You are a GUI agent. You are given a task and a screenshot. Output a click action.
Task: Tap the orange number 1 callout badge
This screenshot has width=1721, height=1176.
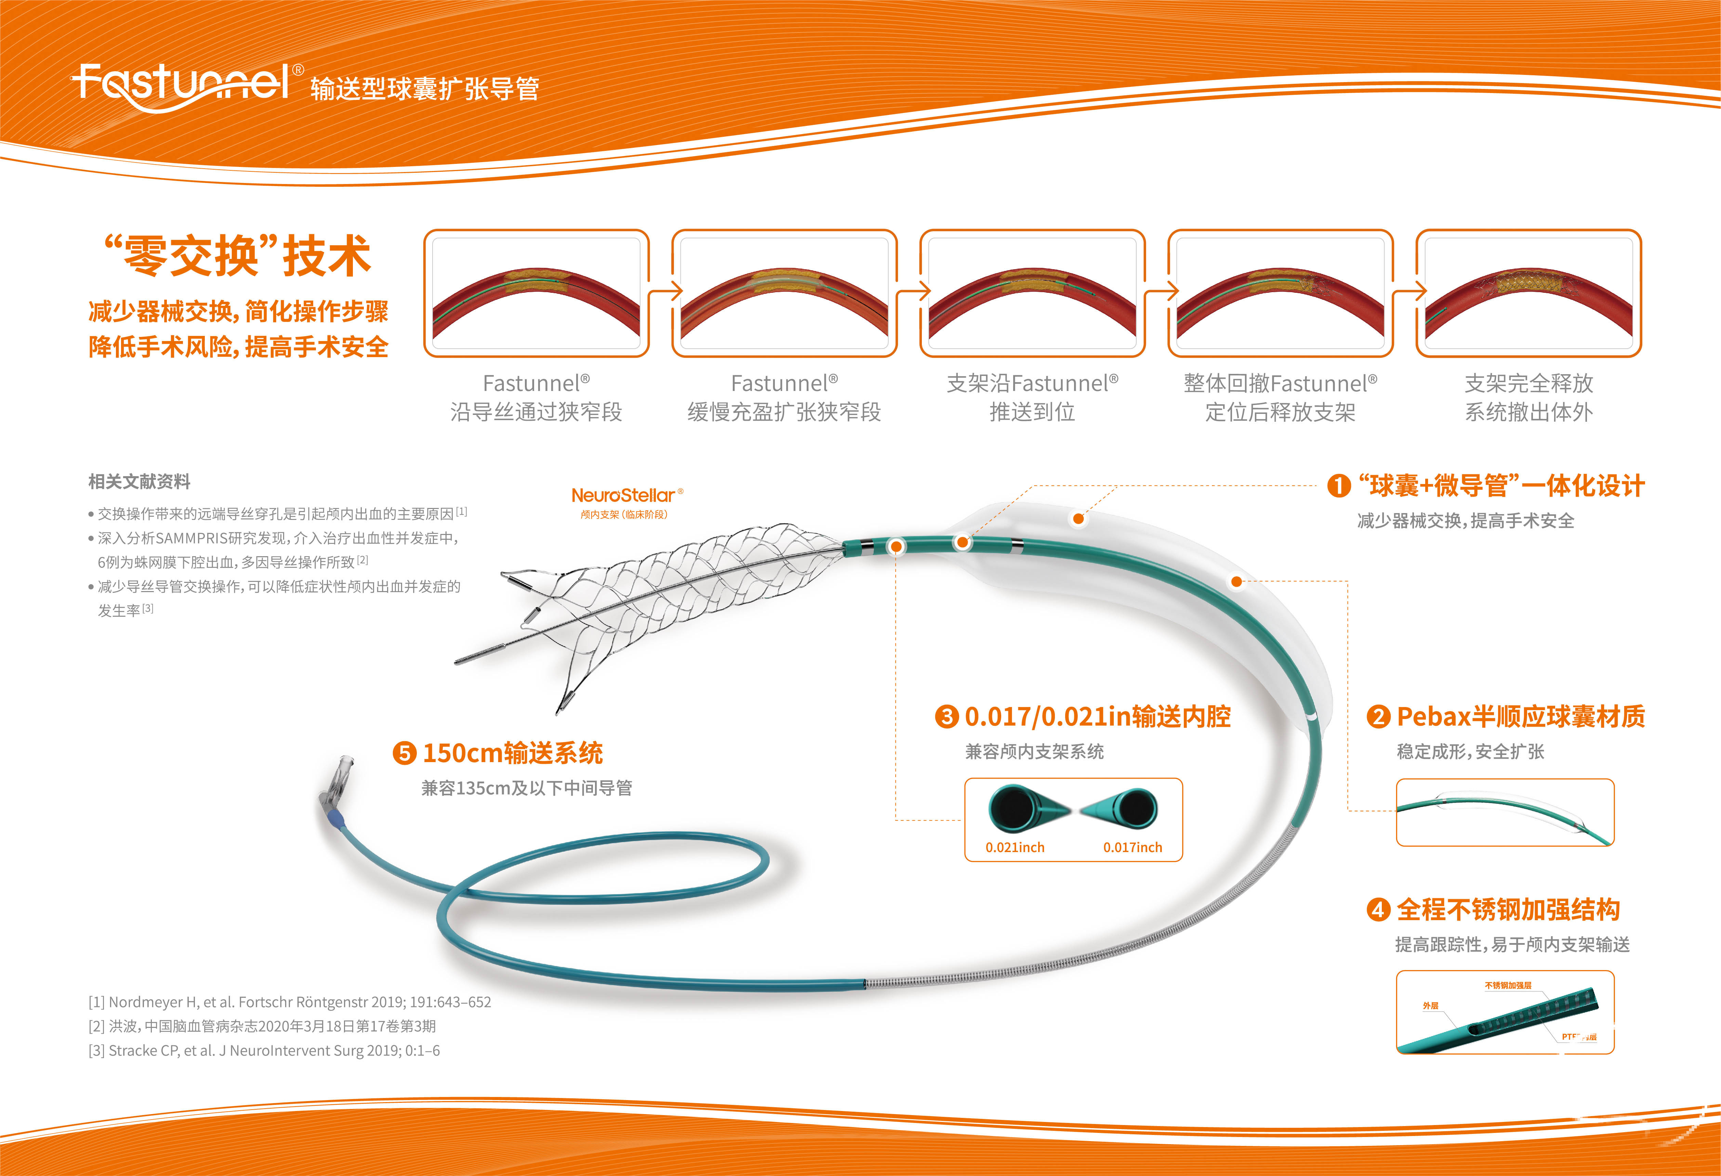[x=1338, y=486]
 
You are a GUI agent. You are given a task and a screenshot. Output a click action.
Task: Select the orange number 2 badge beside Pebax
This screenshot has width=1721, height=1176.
[x=1378, y=717]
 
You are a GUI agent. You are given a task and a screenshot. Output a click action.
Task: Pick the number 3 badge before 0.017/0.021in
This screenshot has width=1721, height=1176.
[x=946, y=717]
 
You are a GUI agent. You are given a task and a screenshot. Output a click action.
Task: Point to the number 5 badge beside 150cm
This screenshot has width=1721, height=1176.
[x=404, y=753]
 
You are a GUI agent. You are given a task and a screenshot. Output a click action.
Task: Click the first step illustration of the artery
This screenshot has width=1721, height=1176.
[x=536, y=293]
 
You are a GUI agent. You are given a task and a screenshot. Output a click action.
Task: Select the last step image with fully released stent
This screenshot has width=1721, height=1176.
[x=1528, y=293]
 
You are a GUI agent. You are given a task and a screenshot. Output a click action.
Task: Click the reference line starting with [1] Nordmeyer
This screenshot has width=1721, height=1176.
[x=290, y=1002]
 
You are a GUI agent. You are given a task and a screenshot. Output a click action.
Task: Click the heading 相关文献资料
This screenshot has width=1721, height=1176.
[x=139, y=482]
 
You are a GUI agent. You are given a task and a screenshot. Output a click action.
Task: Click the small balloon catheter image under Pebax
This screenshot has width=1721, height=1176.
[x=1505, y=812]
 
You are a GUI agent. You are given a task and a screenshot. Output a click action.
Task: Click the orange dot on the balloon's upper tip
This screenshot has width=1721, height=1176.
[x=1078, y=518]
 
